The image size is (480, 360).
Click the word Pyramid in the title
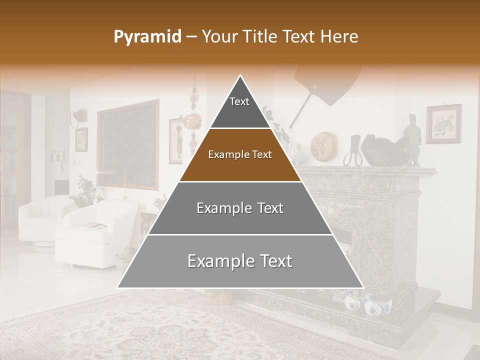(x=147, y=37)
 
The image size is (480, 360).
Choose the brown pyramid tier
(x=240, y=155)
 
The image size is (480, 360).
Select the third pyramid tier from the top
(x=240, y=208)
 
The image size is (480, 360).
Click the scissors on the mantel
(x=352, y=152)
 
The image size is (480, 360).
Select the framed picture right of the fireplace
(x=443, y=123)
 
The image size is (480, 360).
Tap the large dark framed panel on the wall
(x=128, y=145)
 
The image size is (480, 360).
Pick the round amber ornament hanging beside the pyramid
(x=192, y=120)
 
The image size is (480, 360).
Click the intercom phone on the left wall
(x=55, y=155)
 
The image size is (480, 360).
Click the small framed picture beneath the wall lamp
(x=81, y=139)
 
